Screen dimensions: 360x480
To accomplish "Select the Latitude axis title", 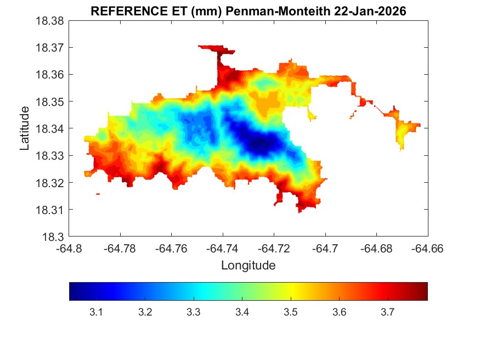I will point(25,128).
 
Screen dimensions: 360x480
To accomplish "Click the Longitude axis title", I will point(248,266).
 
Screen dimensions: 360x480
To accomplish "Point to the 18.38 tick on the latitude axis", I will point(50,21).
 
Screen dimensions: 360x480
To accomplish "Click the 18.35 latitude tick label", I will point(50,102).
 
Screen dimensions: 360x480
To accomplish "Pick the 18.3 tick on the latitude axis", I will point(54,237).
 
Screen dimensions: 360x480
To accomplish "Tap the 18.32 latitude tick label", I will point(50,183).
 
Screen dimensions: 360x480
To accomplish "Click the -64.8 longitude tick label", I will point(70,249).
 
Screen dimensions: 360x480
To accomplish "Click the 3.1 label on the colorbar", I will point(97,312).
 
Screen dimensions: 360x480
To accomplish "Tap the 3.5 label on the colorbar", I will point(290,312).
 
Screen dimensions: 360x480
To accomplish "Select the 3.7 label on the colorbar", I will point(387,312).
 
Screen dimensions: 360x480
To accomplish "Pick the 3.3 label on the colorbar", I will point(193,312).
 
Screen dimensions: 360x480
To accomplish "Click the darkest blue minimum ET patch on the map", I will point(262,144).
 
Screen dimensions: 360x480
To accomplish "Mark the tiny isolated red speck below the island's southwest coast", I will point(98,194).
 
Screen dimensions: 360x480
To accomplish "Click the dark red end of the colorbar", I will point(422,291).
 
